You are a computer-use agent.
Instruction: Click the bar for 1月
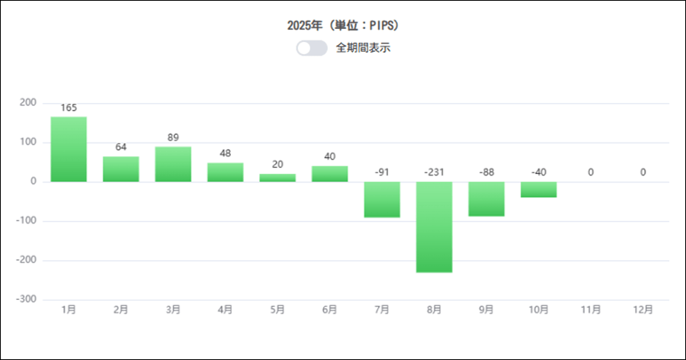click(x=69, y=149)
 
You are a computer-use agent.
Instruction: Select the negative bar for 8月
click(x=434, y=227)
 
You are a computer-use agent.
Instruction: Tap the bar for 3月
click(x=173, y=164)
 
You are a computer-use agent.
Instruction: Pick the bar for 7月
click(x=382, y=199)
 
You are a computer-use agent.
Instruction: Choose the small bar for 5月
click(x=277, y=178)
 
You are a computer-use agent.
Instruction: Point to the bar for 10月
click(x=538, y=189)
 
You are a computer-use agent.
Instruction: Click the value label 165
click(x=69, y=108)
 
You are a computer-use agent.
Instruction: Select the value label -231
click(x=434, y=172)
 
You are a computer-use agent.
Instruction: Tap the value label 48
click(x=225, y=153)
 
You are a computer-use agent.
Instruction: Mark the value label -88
click(x=486, y=172)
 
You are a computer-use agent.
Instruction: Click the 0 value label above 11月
click(x=591, y=172)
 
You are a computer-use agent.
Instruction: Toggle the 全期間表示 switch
click(x=312, y=48)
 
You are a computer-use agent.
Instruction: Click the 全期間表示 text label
click(x=364, y=48)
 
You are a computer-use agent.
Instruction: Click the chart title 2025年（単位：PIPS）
click(x=343, y=25)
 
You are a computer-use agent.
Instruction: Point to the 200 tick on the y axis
click(x=27, y=103)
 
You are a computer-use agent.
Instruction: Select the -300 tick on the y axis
click(x=26, y=300)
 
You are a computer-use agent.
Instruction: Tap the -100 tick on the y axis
click(x=26, y=221)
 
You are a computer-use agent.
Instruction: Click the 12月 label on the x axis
click(x=643, y=310)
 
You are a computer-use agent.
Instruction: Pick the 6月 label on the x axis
click(x=329, y=310)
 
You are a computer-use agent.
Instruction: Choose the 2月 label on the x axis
click(x=120, y=310)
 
